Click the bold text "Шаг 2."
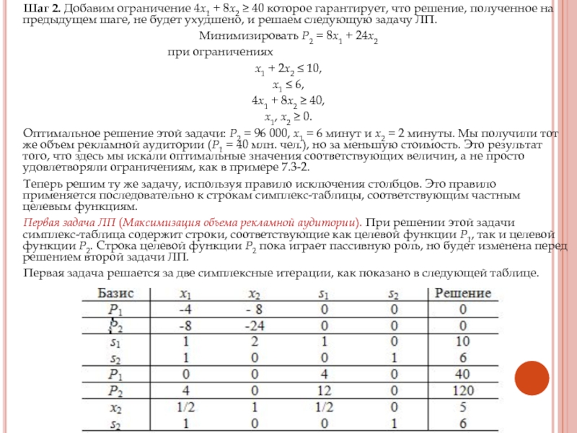(x=43, y=8)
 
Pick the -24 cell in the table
(x=254, y=325)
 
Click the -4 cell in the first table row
(x=184, y=309)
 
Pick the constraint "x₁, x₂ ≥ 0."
(x=287, y=116)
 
